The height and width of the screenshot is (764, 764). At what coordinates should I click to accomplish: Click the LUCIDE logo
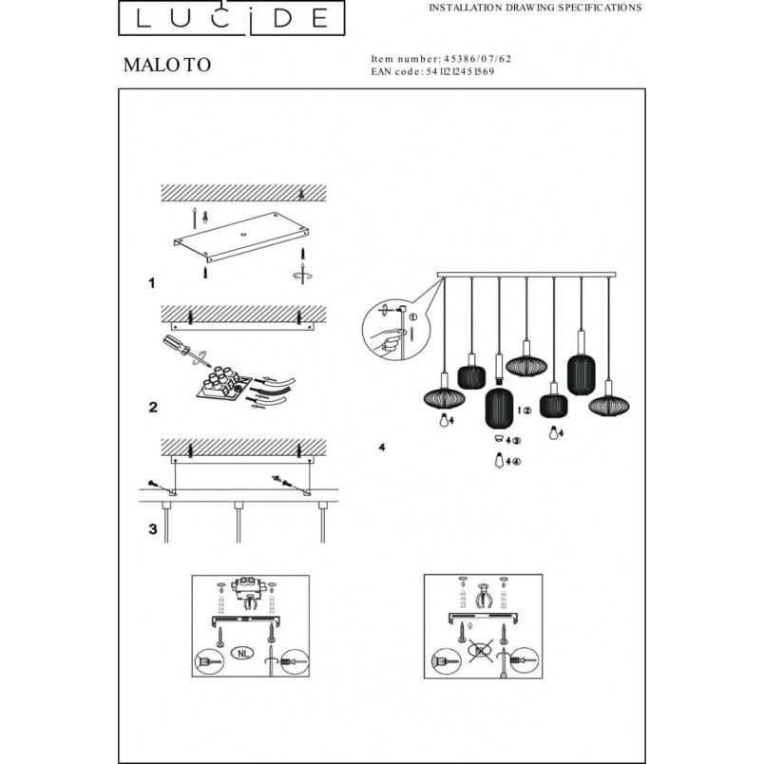(232, 17)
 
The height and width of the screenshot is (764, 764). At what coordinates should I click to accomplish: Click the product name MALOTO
(167, 65)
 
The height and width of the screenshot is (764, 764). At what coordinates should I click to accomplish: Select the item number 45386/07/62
(477, 59)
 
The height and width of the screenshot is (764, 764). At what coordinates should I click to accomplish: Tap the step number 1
(152, 283)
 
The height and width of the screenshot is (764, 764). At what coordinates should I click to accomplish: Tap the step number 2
(153, 407)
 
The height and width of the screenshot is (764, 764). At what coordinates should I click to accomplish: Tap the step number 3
(153, 529)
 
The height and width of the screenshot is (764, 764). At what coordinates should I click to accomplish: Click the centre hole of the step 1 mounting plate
(242, 234)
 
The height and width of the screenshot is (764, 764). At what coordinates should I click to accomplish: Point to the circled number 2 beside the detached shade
(527, 411)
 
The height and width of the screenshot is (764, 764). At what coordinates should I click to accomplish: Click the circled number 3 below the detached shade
(516, 441)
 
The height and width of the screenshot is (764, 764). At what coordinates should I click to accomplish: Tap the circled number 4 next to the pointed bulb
(517, 462)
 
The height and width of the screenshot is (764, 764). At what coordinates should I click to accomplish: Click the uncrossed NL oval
(242, 654)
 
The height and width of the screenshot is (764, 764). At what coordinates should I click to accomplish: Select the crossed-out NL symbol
(481, 650)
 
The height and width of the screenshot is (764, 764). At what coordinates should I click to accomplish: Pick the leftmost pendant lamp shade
(445, 398)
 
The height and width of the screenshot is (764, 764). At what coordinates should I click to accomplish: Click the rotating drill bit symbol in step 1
(302, 274)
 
